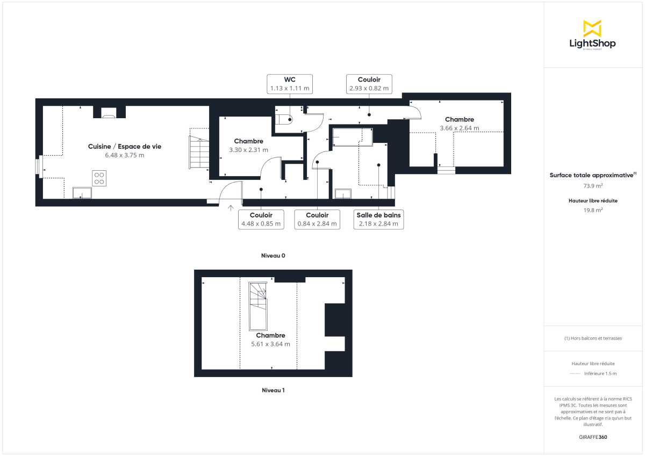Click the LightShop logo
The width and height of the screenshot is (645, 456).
[592, 35]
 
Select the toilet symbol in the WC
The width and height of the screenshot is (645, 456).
[284, 119]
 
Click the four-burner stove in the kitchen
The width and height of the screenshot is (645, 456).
[99, 178]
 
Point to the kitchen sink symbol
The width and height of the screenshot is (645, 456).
[81, 192]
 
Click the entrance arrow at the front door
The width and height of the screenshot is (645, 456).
[231, 208]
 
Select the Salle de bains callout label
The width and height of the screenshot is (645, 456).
[378, 219]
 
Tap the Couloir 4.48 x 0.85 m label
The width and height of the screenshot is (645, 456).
[261, 219]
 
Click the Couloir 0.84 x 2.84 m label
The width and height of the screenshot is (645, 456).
[318, 219]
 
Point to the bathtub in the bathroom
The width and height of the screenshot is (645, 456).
[352, 137]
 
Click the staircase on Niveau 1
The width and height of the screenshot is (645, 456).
[257, 306]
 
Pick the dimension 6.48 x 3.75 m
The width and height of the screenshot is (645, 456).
[124, 155]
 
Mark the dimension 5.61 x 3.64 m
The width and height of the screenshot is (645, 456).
[270, 344]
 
